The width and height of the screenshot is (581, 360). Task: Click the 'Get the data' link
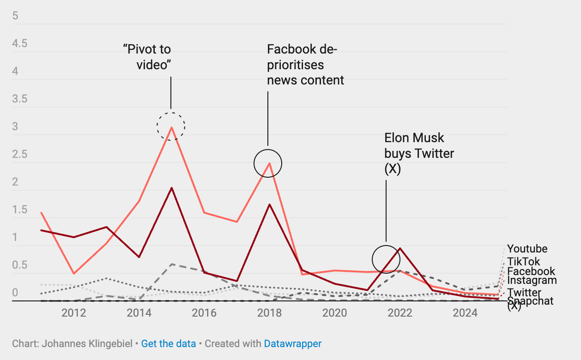click(x=169, y=344)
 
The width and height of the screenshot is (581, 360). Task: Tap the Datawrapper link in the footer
click(x=293, y=344)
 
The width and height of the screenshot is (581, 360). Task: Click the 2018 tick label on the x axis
click(x=269, y=313)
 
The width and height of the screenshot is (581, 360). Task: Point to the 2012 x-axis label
click(x=74, y=313)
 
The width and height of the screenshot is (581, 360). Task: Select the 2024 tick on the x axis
click(x=465, y=313)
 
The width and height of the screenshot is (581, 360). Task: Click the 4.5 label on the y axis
click(x=20, y=44)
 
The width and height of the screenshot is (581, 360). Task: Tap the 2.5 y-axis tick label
click(x=20, y=155)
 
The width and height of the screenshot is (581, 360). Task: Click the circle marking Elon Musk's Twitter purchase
click(x=386, y=259)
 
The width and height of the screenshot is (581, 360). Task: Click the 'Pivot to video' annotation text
click(x=147, y=57)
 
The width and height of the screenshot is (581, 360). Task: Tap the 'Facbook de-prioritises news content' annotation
click(x=305, y=65)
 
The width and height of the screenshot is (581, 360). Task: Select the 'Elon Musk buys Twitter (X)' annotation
click(x=419, y=153)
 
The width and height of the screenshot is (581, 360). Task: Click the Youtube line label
click(x=527, y=249)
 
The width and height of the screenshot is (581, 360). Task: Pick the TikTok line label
click(x=523, y=262)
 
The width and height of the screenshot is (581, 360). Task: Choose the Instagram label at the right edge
click(x=532, y=280)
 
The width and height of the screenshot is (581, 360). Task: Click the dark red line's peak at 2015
click(x=171, y=188)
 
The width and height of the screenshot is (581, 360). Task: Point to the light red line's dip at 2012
click(x=74, y=274)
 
